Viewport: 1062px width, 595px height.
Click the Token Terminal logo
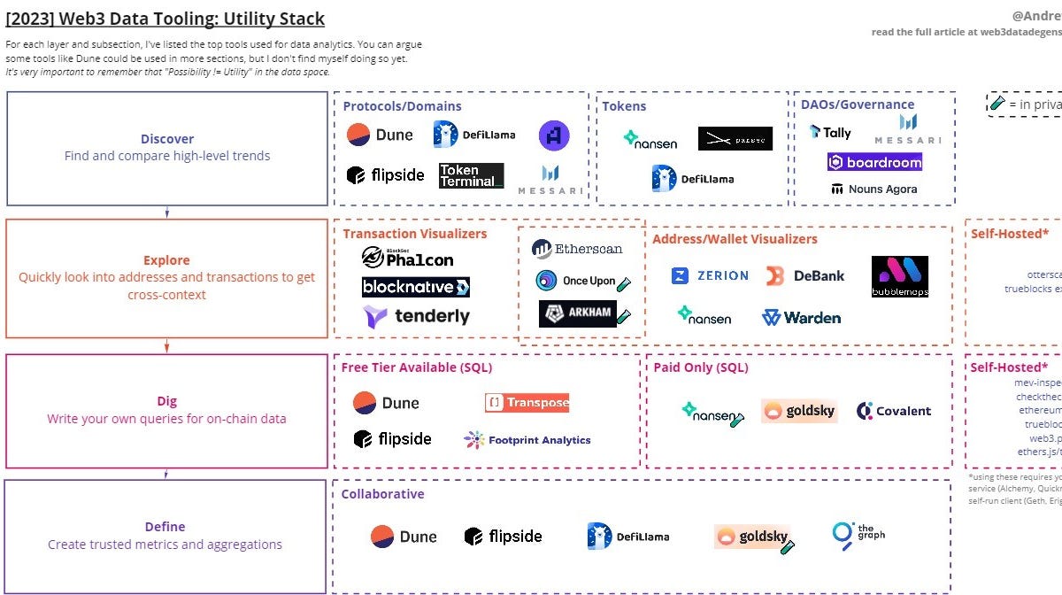tap(471, 175)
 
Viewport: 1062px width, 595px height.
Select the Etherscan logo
tap(578, 250)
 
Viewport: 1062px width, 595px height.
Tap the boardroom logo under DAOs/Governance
tap(874, 162)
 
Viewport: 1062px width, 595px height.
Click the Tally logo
tap(830, 133)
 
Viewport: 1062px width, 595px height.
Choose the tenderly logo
tap(416, 316)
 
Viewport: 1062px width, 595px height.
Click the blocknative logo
tap(415, 287)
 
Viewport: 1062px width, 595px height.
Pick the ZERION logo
tap(710, 276)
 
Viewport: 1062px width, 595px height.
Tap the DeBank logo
tap(805, 276)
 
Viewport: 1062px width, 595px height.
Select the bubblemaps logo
tap(899, 276)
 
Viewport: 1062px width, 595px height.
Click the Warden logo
tap(801, 317)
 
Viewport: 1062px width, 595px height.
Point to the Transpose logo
tap(527, 402)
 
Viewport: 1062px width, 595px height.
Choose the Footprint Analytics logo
tap(527, 439)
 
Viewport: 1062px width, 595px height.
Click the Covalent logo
tap(894, 411)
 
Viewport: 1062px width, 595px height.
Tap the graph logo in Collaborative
tap(858, 534)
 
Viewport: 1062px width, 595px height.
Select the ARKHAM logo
tap(578, 314)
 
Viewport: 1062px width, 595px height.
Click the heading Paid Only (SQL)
tap(700, 367)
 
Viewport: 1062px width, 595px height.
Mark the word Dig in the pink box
tap(166, 401)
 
